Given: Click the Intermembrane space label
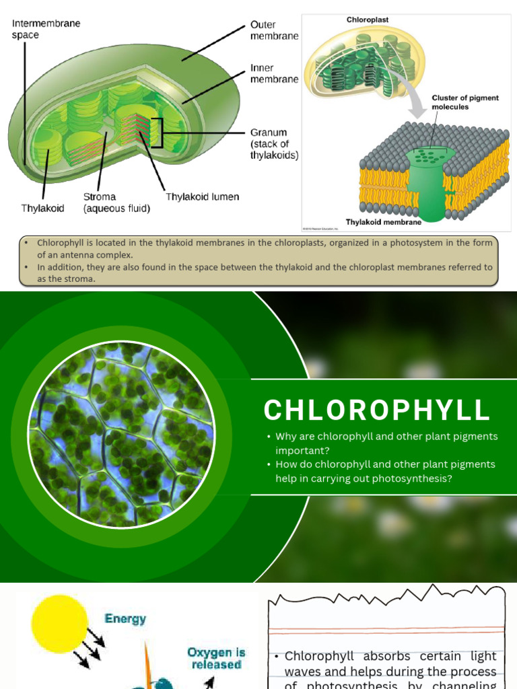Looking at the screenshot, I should tap(46, 28).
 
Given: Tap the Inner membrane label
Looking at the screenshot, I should tap(274, 73).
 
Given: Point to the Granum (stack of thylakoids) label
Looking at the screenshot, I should tap(274, 144).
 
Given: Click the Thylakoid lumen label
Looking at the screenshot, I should tap(202, 197).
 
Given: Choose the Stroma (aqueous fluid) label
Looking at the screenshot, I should tap(116, 203).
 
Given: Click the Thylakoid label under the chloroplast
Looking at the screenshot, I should tap(42, 209).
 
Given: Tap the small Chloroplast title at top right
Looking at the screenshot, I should tap(368, 20).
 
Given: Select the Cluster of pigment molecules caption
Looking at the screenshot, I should tap(465, 102).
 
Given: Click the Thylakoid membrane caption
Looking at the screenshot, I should tap(384, 222).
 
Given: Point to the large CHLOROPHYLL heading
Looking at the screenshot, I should tap(377, 410).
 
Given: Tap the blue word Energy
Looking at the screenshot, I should tap(125, 618).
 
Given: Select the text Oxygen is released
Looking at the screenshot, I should tap(216, 658).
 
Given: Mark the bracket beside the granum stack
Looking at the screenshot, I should tap(158, 133).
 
